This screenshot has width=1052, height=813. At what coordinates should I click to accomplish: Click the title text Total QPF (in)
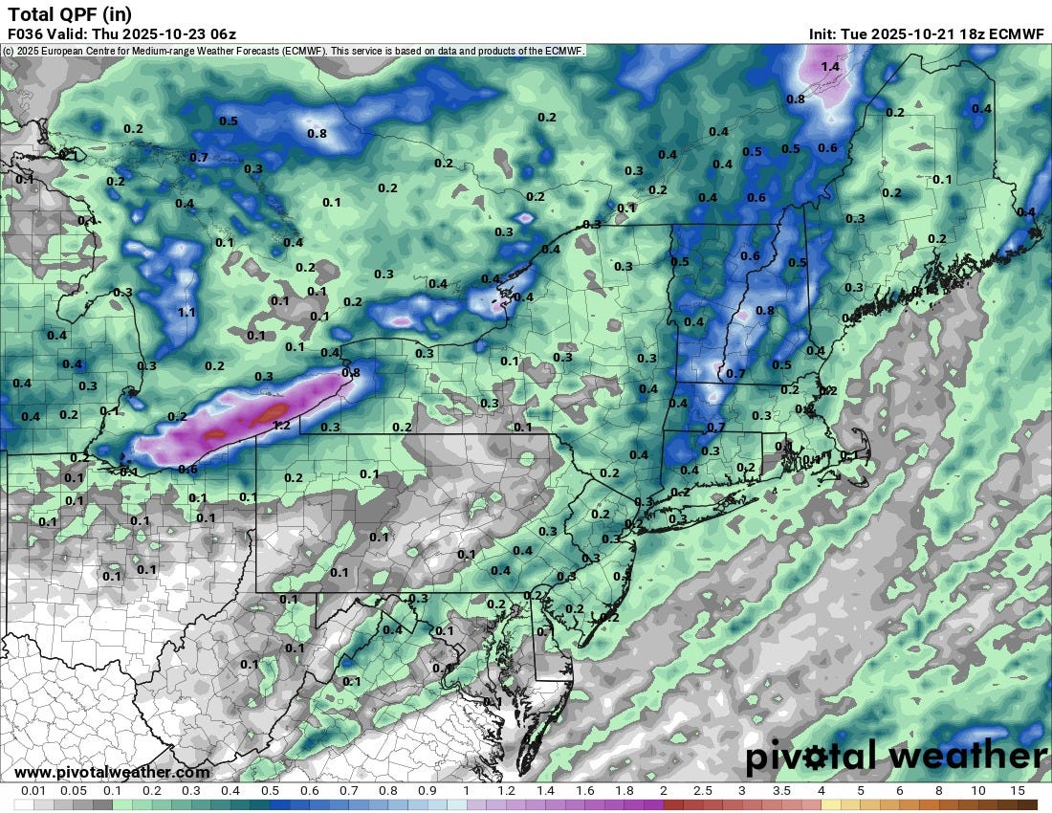click(69, 13)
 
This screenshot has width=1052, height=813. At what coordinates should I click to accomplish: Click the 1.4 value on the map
click(830, 67)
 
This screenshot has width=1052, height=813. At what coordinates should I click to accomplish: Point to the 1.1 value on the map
click(186, 312)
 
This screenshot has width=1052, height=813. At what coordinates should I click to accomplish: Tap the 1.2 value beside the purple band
click(281, 426)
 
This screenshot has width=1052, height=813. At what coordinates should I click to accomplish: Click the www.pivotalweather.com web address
click(112, 772)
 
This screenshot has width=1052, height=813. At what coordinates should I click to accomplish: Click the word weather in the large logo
click(968, 757)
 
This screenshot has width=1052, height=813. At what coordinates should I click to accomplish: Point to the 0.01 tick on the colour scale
click(33, 791)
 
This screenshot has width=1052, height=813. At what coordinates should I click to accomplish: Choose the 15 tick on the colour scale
click(1017, 791)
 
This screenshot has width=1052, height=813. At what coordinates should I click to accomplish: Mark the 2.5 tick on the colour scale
click(702, 791)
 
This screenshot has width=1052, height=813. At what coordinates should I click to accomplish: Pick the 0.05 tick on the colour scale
click(73, 791)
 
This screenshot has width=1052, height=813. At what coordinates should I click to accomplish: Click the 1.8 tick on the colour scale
click(624, 791)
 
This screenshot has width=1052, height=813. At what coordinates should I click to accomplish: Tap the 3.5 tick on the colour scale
click(780, 791)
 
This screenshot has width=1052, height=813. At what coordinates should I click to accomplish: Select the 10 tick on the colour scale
click(977, 791)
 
